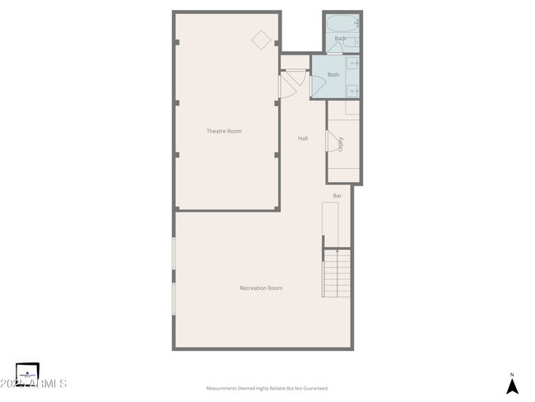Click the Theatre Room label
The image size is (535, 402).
coord(224,131)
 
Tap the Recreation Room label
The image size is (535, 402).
coord(261,287)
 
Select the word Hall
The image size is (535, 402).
coord(303,138)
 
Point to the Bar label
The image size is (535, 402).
coord(337,196)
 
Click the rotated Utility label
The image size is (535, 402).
coord(340,143)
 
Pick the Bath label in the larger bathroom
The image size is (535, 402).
coord(333,75)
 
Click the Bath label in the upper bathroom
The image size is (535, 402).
coord(340,38)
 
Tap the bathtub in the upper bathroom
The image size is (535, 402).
coord(341,23)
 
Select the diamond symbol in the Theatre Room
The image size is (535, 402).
coord(261,40)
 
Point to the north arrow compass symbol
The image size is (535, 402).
coord(512,386)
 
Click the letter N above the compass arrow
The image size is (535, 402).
coord(512,373)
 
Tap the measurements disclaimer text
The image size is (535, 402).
coord(267,387)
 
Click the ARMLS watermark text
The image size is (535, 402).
coord(41,384)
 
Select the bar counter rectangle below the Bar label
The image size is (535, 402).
coord(330,224)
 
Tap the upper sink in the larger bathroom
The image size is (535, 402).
coord(353,63)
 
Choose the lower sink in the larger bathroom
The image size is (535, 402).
coord(353,90)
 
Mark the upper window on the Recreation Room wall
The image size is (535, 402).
coord(174,253)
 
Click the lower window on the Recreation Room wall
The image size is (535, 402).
coord(174,298)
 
